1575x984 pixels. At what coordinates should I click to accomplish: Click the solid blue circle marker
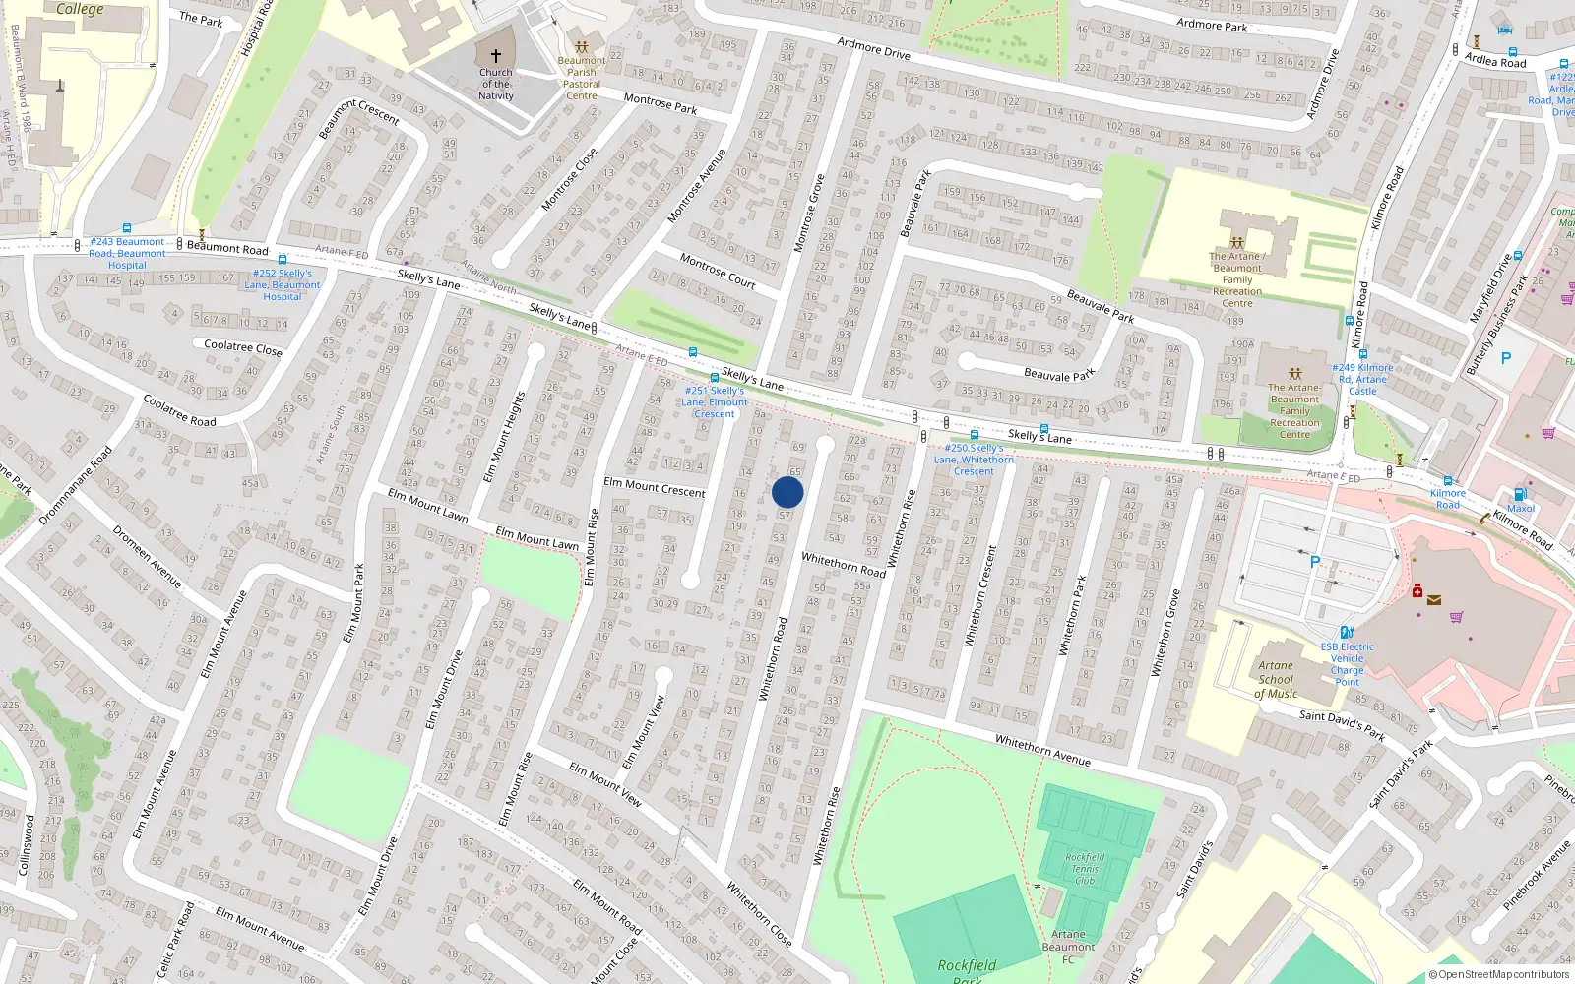(787, 492)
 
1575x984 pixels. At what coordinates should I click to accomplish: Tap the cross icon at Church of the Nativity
(496, 56)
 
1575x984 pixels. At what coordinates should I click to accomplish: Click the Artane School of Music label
(1276, 679)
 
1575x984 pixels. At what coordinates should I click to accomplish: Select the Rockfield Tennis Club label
(1085, 869)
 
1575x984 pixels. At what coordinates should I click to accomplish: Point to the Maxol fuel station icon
(1520, 495)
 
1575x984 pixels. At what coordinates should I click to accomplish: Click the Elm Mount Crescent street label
(655, 487)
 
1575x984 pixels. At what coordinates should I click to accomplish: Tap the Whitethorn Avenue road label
(1042, 750)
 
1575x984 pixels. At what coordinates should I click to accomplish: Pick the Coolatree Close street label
(242, 347)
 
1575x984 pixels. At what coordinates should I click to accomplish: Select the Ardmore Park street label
(1212, 26)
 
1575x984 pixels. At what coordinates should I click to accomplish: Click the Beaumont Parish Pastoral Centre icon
(582, 47)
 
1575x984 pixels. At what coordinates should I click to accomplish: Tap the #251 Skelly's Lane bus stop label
(715, 401)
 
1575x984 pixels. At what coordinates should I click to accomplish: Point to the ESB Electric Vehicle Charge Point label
(1347, 664)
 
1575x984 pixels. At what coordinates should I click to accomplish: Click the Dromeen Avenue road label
(147, 557)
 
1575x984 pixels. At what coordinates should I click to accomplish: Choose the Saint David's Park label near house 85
(1342, 725)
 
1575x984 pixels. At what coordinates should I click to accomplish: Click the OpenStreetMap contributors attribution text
(1500, 975)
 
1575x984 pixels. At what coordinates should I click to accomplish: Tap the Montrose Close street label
(570, 179)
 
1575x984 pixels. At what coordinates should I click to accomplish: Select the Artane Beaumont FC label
(1068, 947)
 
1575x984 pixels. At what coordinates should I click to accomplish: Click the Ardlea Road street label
(1495, 61)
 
